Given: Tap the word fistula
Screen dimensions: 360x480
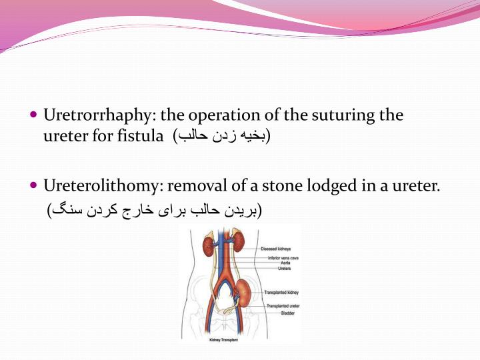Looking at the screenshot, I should tap(142, 137).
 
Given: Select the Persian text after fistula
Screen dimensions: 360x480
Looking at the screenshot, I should tap(222, 137).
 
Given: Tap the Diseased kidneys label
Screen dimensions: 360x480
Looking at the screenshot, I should tap(275, 249).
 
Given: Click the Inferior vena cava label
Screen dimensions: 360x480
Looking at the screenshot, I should tap(283, 257).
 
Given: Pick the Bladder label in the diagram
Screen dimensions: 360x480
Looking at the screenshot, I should tap(287, 313).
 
